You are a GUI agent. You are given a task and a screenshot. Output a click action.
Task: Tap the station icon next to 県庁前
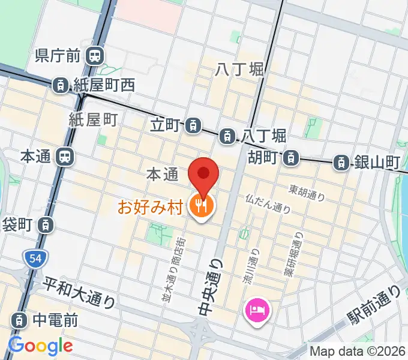(94, 56)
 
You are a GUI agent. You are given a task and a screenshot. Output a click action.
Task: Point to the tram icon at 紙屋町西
(61, 86)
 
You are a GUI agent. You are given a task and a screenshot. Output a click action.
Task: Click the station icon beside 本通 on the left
(64, 157)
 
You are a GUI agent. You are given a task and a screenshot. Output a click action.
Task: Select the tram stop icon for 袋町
(45, 226)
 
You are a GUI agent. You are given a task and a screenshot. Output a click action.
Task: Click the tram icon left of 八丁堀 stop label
(227, 136)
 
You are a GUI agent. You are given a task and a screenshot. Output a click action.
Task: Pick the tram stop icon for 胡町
(290, 158)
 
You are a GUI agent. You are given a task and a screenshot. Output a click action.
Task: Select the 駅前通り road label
(374, 307)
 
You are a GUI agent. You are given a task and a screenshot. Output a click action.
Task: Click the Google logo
(41, 346)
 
